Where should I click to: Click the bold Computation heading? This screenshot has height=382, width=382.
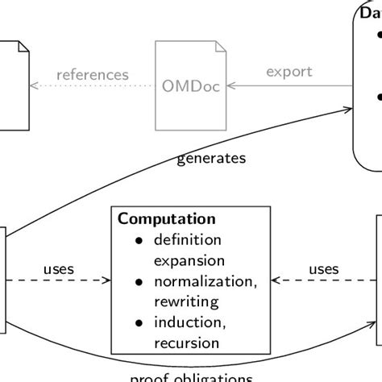pyautogui.click(x=167, y=218)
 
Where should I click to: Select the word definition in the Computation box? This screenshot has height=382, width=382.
pyautogui.click(x=187, y=239)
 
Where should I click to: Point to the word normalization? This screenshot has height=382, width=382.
pyautogui.click(x=193, y=281)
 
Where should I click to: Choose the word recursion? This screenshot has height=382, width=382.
pyautogui.click(x=185, y=343)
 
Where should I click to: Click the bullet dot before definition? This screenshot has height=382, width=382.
pyautogui.click(x=139, y=240)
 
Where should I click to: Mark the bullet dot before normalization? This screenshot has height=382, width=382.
pyautogui.click(x=139, y=282)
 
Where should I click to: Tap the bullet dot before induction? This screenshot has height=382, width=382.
pyautogui.click(x=139, y=323)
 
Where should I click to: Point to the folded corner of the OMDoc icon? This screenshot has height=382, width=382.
pyautogui.click(x=220, y=48)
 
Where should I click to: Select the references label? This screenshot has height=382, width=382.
pyautogui.click(x=93, y=75)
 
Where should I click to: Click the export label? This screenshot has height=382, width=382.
pyautogui.click(x=289, y=72)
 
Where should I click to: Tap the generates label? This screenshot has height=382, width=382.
pyautogui.click(x=211, y=158)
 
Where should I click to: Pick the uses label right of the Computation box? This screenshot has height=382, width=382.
pyautogui.click(x=324, y=268)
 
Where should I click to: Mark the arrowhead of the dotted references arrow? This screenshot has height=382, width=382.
pyautogui.click(x=33, y=85)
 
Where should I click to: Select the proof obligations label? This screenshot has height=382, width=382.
pyautogui.click(x=191, y=377)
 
